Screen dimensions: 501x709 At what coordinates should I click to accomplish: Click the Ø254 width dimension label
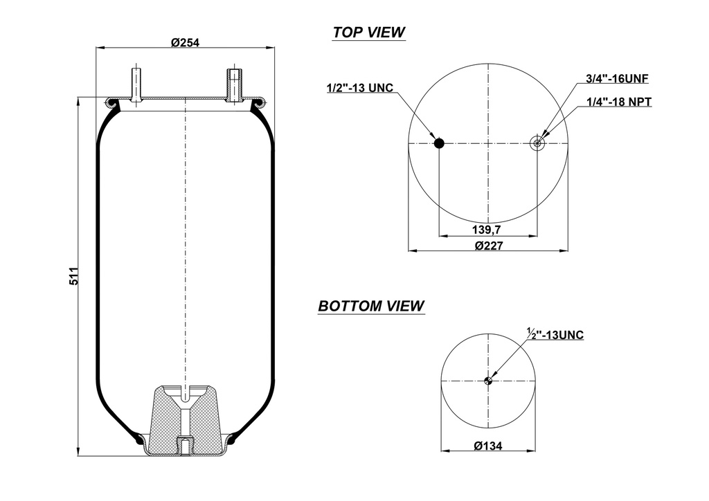point(185,42)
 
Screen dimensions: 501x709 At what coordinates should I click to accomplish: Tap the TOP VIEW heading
point(368,33)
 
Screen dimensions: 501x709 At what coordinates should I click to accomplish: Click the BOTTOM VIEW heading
point(371,306)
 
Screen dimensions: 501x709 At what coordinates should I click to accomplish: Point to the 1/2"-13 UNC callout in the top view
point(359,88)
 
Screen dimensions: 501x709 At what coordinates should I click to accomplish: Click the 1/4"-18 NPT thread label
point(618,102)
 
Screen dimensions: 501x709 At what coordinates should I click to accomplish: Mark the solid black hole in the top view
point(439,143)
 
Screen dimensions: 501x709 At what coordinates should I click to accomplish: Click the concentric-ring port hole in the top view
point(537,143)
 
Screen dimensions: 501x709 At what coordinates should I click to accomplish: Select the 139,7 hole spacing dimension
point(487,229)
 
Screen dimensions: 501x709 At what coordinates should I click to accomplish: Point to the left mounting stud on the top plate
point(136,84)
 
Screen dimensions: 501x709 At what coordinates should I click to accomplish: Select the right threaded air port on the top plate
point(234,84)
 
